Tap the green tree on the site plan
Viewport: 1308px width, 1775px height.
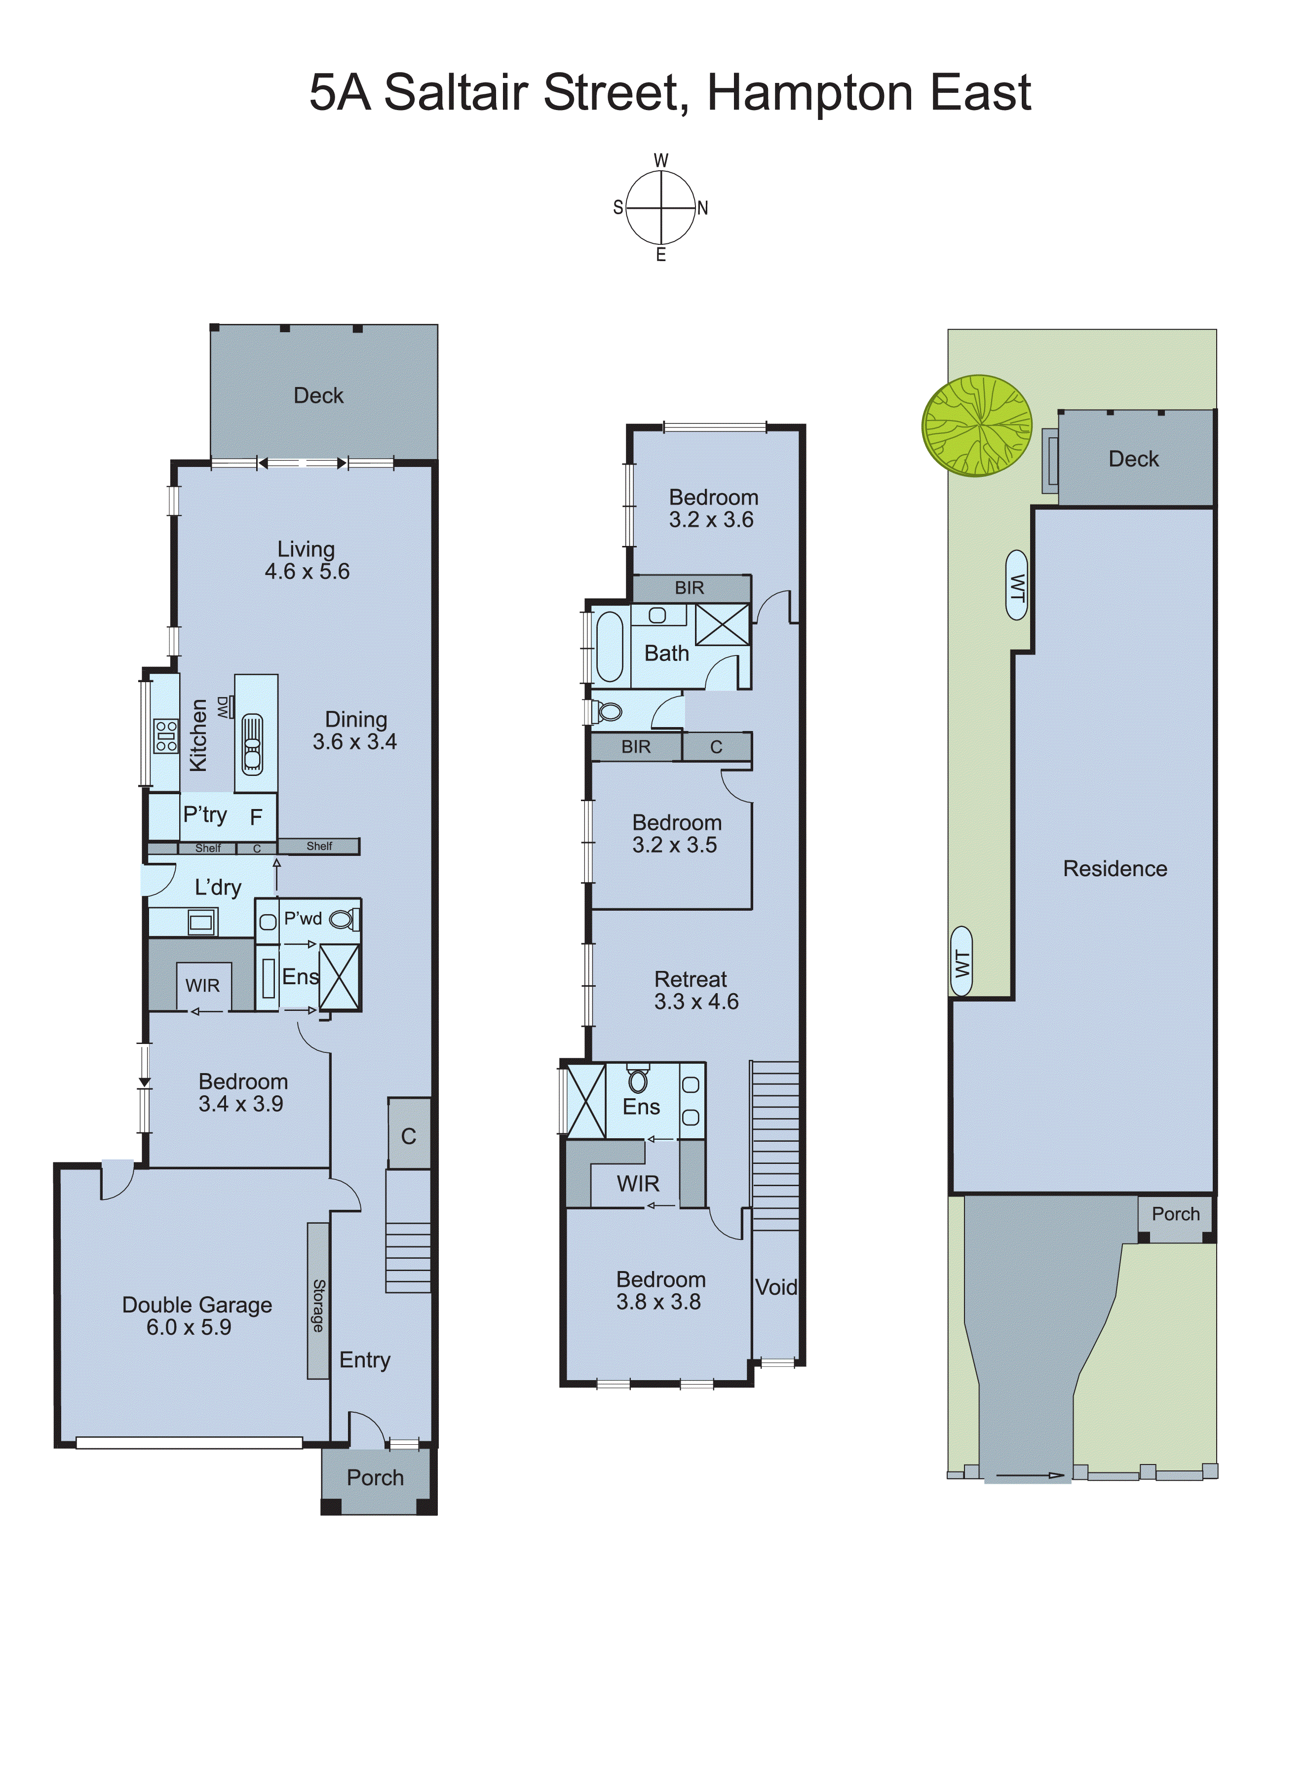[x=977, y=426]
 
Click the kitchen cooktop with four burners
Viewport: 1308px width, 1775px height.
[x=165, y=735]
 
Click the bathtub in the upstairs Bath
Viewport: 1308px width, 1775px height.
[x=610, y=646]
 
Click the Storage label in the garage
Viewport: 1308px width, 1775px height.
[x=318, y=1306]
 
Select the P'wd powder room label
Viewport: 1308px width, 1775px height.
[x=303, y=919]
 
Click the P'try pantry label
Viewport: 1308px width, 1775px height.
[x=205, y=814]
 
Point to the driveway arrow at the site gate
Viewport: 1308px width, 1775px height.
[x=1029, y=1475]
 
